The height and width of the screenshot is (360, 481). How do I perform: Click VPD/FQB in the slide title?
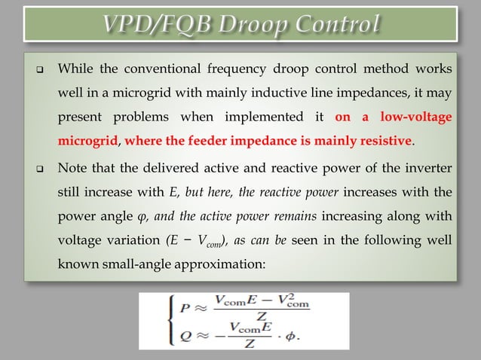point(154,26)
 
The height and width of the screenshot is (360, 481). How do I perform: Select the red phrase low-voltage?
point(409,118)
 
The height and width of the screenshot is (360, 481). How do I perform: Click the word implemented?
point(253,118)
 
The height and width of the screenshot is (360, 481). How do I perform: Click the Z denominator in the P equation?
point(262,316)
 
